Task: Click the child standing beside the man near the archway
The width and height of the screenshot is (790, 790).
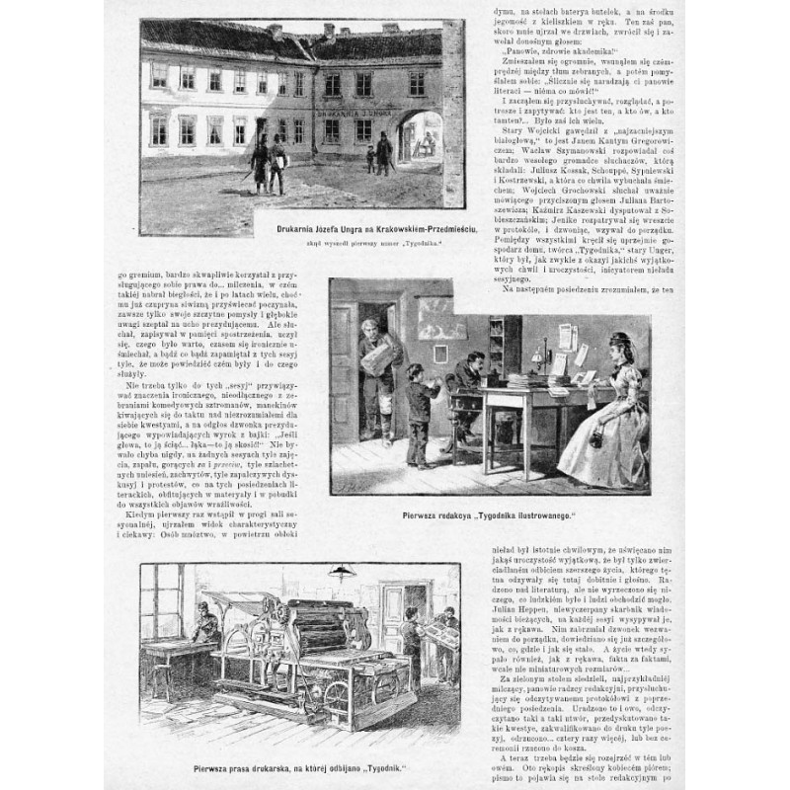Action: click(370, 158)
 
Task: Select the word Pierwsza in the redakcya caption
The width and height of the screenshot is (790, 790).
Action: click(427, 515)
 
